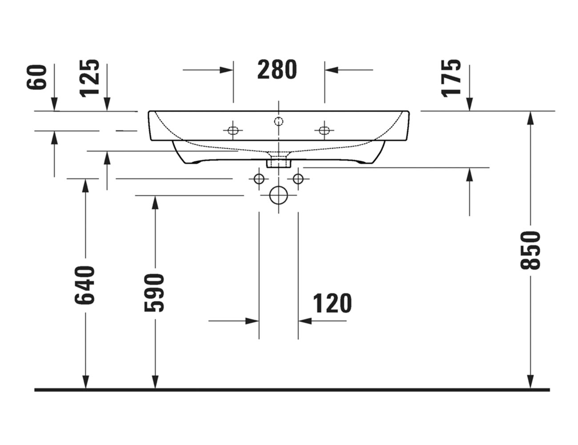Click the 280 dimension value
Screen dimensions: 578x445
point(277,70)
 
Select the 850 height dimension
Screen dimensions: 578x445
point(530,250)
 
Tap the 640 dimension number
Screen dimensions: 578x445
point(85,285)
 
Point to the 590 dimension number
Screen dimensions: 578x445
point(155,292)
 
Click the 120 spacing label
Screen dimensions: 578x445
point(332,303)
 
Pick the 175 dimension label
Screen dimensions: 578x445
point(451,77)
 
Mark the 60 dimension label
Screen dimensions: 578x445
point(37,77)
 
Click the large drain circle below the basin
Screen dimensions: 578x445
point(278,195)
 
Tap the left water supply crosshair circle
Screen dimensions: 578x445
point(259,179)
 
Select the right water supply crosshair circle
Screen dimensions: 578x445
point(298,179)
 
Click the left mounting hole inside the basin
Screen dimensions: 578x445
point(233,130)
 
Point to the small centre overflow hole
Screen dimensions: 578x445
point(278,121)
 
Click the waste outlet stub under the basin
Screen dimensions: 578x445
point(278,162)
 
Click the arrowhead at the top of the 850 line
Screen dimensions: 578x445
point(530,117)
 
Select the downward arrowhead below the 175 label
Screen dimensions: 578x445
point(470,105)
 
